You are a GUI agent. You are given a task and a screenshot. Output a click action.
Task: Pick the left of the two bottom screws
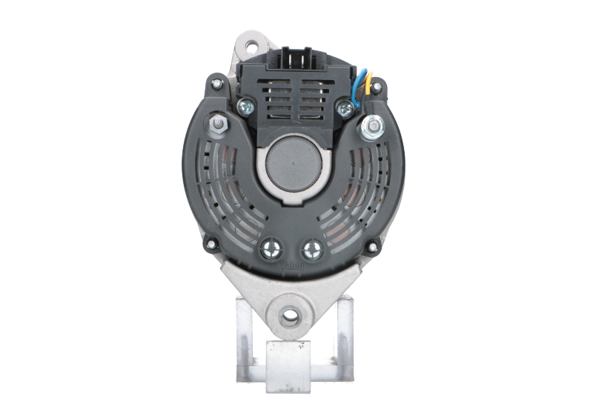click(270, 248)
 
